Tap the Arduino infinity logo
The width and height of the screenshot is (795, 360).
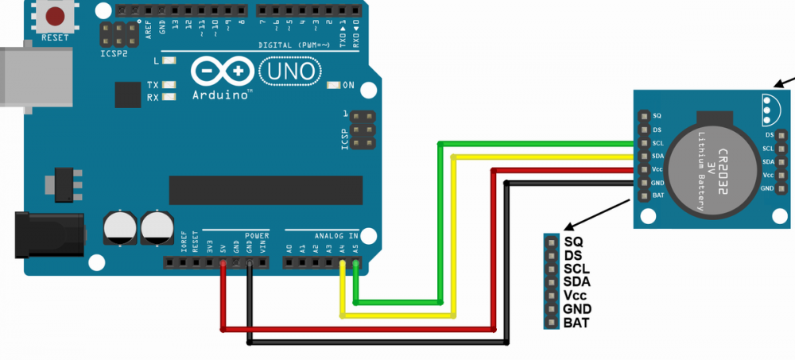tap(223, 72)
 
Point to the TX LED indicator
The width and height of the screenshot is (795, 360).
tap(169, 84)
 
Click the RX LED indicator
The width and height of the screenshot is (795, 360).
tap(169, 98)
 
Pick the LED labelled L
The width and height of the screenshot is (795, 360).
tap(169, 60)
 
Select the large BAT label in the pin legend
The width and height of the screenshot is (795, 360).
tap(576, 323)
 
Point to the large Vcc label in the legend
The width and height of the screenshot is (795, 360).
tap(576, 295)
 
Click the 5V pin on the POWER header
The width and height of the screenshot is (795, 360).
tap(223, 262)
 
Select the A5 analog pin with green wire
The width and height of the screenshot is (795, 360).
tap(355, 262)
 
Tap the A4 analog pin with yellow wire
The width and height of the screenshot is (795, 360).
tap(343, 262)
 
